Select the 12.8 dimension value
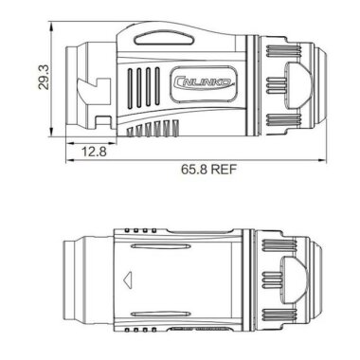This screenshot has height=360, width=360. pyautogui.click(x=93, y=151)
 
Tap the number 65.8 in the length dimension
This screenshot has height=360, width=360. pyautogui.click(x=187, y=171)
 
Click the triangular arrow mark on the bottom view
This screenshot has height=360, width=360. pyautogui.click(x=128, y=279)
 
